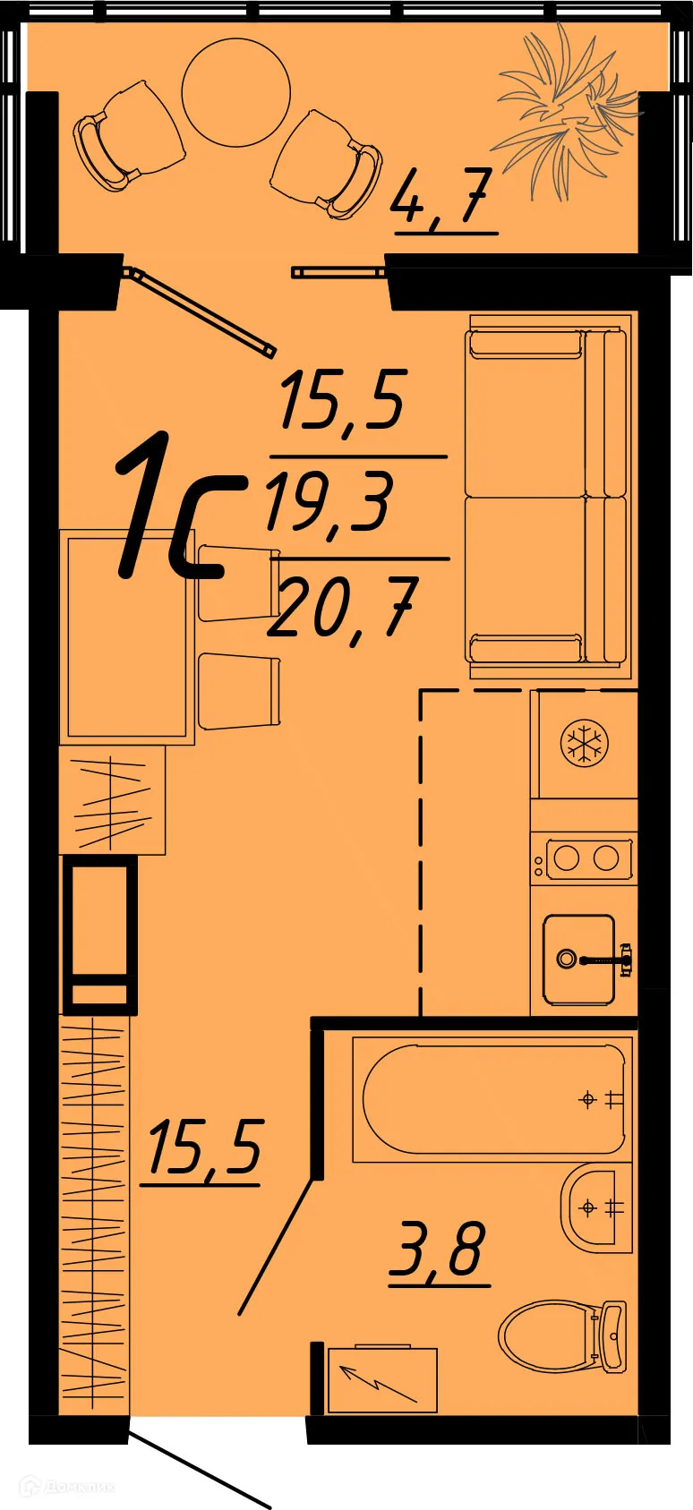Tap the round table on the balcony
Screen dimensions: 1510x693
coord(235,92)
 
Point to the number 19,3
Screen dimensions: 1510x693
coord(329,504)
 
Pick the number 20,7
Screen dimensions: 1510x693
coord(342,608)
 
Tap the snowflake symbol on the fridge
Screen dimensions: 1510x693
coord(584,743)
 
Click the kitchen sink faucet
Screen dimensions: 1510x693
coord(605,960)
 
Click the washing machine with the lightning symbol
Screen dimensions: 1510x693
coord(382,1379)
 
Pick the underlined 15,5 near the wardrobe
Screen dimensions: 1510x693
coord(204,1148)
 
